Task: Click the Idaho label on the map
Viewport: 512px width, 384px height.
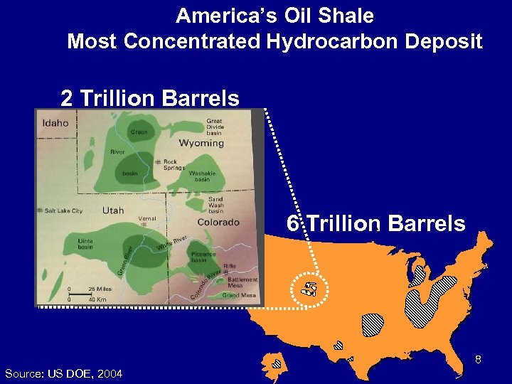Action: tap(56, 123)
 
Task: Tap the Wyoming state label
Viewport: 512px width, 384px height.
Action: tap(201, 143)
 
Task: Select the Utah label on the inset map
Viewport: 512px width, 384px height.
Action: tap(113, 210)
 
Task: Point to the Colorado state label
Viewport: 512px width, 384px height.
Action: tap(218, 222)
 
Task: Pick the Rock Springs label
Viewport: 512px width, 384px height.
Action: tap(174, 165)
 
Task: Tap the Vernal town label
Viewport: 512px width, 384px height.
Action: tap(147, 218)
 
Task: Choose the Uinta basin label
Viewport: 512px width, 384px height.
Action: tap(85, 244)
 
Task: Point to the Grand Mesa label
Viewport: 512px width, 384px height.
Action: tap(240, 294)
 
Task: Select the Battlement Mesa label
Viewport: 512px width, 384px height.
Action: tap(243, 282)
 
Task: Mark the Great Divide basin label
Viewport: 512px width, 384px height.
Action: tap(214, 127)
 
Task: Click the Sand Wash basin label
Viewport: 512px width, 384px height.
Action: tap(215, 205)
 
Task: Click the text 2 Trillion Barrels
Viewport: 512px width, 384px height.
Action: tap(149, 97)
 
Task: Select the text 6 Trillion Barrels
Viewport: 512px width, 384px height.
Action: tap(376, 224)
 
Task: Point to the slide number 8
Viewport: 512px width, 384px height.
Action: tap(479, 360)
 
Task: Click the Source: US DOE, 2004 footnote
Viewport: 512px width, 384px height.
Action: tap(63, 373)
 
